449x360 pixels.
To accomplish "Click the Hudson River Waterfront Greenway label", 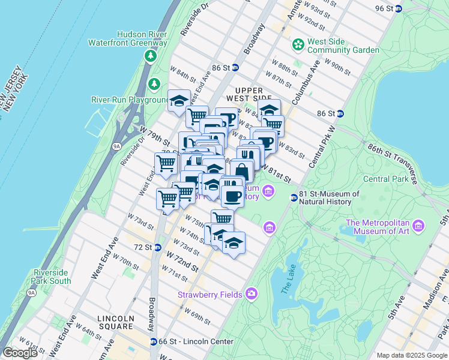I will tap(127, 38).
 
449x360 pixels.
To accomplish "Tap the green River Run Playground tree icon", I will tap(155, 83).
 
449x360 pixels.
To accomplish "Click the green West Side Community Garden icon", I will tap(298, 44).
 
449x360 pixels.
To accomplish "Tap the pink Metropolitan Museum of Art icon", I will tap(418, 226).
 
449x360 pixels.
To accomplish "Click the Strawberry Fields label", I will tap(209, 295).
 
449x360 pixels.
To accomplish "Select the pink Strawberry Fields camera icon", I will tap(251, 294).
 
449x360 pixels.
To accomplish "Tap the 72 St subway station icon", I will tap(157, 247).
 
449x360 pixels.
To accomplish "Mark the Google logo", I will tap(20, 353).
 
